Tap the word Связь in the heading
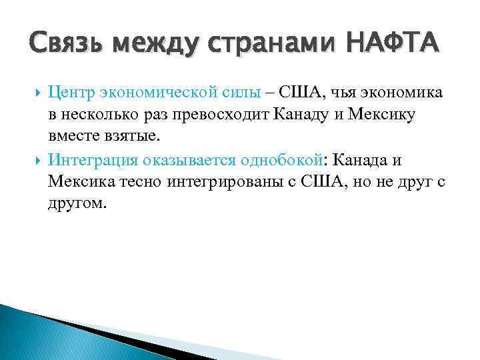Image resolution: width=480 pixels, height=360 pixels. click(65, 43)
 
